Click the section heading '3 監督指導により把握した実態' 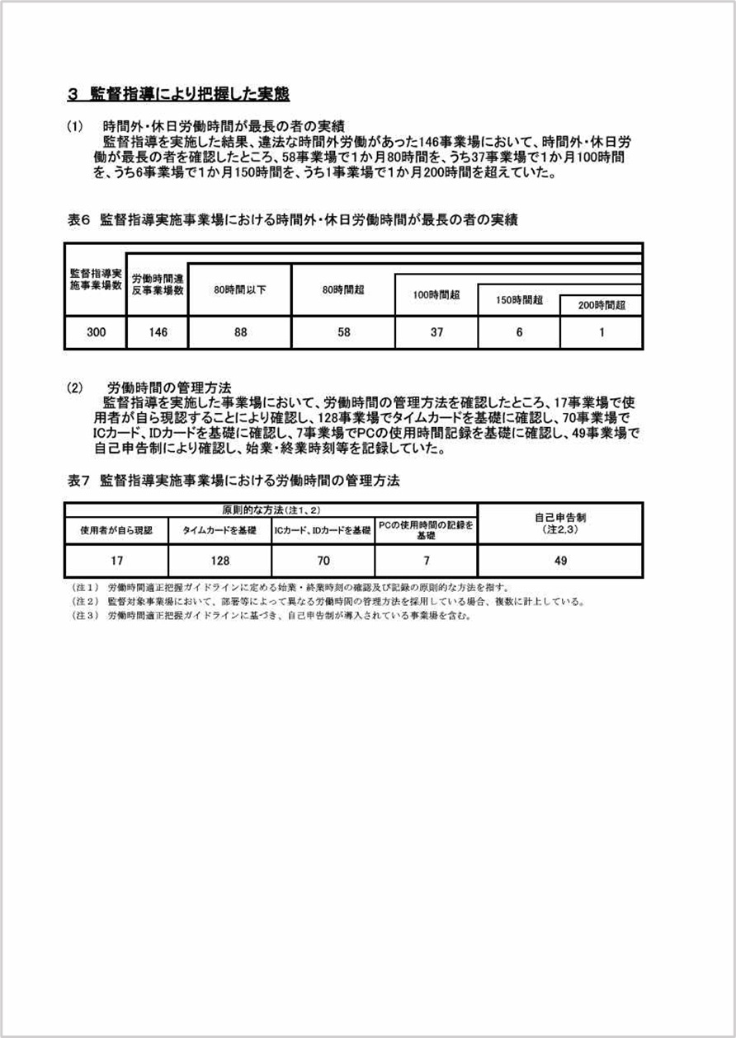178,94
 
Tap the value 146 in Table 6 157,333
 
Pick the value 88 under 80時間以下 239,333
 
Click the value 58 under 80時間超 343,333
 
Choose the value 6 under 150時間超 519,333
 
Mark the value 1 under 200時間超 602,333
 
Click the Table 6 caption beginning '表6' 292,220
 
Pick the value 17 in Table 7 116,561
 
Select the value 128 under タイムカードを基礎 219,561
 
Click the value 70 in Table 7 323,561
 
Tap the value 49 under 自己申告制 560,561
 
